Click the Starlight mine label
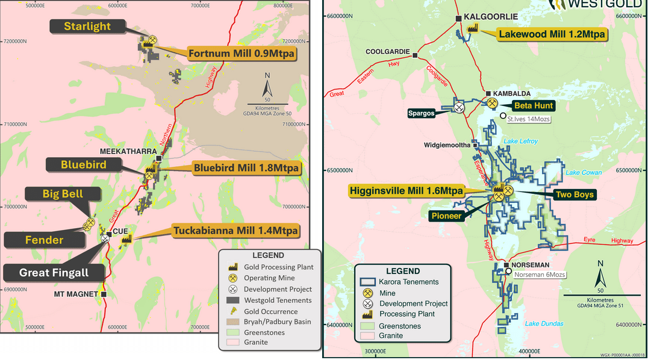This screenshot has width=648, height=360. [x=87, y=26]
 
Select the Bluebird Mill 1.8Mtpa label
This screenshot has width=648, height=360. [x=246, y=169]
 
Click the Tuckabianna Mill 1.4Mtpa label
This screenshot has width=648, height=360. [x=235, y=230]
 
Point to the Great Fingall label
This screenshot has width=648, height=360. [x=54, y=273]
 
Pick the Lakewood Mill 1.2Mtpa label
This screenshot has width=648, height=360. [x=551, y=34]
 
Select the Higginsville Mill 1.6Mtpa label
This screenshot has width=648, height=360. [x=407, y=191]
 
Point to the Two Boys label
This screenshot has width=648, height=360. [x=574, y=194]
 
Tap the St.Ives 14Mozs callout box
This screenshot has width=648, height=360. [x=529, y=119]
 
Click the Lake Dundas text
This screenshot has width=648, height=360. [x=544, y=324]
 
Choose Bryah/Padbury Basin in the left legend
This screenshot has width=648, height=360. [x=278, y=322]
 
